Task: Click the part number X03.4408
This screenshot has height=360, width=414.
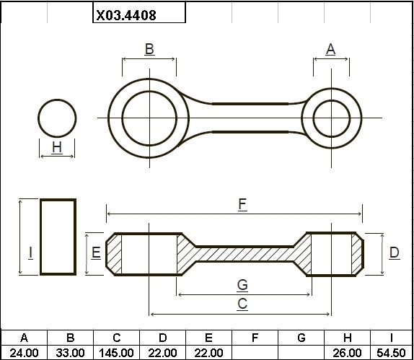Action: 126,15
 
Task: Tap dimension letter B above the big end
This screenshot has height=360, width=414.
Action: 149,49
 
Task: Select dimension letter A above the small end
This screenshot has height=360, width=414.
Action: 331,49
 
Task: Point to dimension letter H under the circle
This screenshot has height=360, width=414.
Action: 57,147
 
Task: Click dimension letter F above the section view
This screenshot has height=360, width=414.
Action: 242,204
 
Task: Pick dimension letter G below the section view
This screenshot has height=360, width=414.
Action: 242,285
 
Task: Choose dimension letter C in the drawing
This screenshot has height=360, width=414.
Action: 242,304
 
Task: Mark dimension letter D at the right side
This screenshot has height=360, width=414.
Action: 395,253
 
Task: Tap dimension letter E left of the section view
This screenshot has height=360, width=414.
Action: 96,253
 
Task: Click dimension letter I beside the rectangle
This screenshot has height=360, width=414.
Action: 30,253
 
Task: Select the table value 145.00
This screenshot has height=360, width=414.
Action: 116,353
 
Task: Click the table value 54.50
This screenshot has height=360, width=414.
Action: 391,353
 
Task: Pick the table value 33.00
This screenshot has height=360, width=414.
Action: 70,353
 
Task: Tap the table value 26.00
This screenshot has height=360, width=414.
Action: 347,353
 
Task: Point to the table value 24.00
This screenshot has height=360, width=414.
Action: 24,353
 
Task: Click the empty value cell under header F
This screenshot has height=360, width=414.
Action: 255,352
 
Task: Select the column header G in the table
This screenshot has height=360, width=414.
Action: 301,338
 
